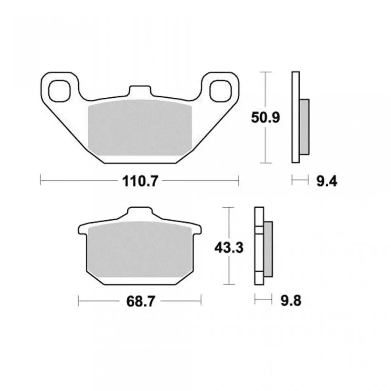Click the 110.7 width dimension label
pyautogui.click(x=140, y=181)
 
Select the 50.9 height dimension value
pyautogui.click(x=265, y=118)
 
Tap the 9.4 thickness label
pyautogui.click(x=327, y=181)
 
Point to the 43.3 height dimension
pyautogui.click(x=229, y=248)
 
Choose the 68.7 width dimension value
pyautogui.click(x=140, y=302)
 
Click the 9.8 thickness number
pyautogui.click(x=291, y=301)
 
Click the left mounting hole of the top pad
pyautogui.click(x=59, y=91)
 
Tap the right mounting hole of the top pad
pyautogui.click(x=221, y=91)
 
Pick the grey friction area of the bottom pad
pyautogui.click(x=140, y=249)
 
